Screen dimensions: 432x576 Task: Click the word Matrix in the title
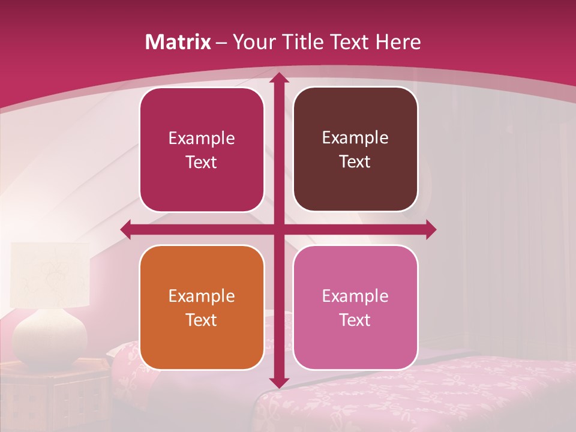click(x=178, y=42)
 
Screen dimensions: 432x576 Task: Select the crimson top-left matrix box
click(x=202, y=150)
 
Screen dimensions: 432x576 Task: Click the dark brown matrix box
click(x=355, y=149)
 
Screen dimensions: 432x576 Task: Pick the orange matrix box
click(x=202, y=307)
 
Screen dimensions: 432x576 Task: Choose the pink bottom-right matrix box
click(x=355, y=307)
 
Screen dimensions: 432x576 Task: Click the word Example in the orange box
click(x=202, y=296)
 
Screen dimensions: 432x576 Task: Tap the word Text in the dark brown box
click(x=355, y=162)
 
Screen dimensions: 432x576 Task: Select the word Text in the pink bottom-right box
click(x=355, y=320)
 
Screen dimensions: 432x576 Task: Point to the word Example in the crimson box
click(x=202, y=138)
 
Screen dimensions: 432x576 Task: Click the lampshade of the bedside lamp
click(x=50, y=274)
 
